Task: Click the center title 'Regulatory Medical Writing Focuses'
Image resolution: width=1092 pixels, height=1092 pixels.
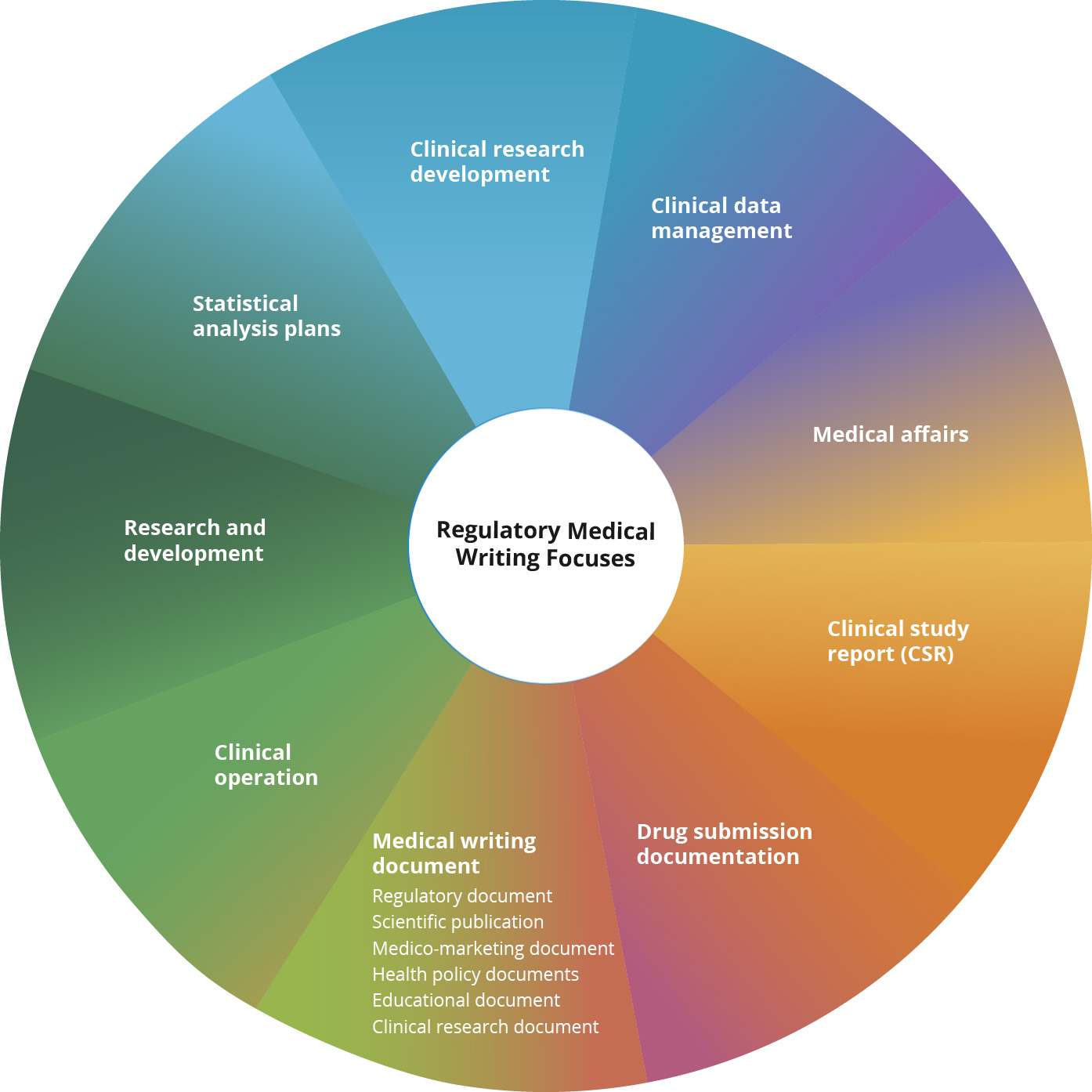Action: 545,544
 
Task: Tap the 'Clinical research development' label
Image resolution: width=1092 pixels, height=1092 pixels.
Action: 497,161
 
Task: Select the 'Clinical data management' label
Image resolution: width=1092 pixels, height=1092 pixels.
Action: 721,218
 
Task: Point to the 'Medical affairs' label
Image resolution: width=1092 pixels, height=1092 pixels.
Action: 891,434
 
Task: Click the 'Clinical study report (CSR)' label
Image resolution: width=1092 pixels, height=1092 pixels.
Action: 898,641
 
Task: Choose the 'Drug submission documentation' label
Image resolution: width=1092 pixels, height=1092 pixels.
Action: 724,843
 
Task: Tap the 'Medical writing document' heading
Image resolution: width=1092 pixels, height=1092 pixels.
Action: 454,853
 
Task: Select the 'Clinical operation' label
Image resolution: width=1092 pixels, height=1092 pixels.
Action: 266,765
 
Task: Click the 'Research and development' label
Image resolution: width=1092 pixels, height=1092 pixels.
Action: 194,541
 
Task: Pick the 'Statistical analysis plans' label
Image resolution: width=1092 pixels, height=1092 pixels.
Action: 266,315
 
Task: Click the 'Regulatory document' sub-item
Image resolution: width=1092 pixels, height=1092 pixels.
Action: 462,895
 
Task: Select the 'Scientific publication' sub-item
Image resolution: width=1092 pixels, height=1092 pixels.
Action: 457,922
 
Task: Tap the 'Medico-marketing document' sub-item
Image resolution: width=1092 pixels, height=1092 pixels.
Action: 493,949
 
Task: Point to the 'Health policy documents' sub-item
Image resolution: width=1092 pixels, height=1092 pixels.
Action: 475,974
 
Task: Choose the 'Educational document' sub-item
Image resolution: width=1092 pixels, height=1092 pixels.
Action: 466,1000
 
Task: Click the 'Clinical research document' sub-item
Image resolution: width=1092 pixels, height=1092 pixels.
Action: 485,1026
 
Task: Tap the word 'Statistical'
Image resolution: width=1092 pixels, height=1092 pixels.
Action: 245,303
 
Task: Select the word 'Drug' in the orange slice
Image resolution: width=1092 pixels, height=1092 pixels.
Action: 656,831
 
